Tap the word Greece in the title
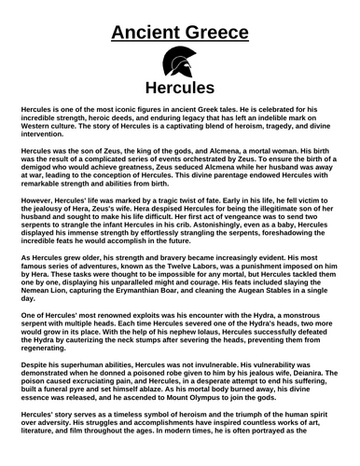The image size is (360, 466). point(220,34)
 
